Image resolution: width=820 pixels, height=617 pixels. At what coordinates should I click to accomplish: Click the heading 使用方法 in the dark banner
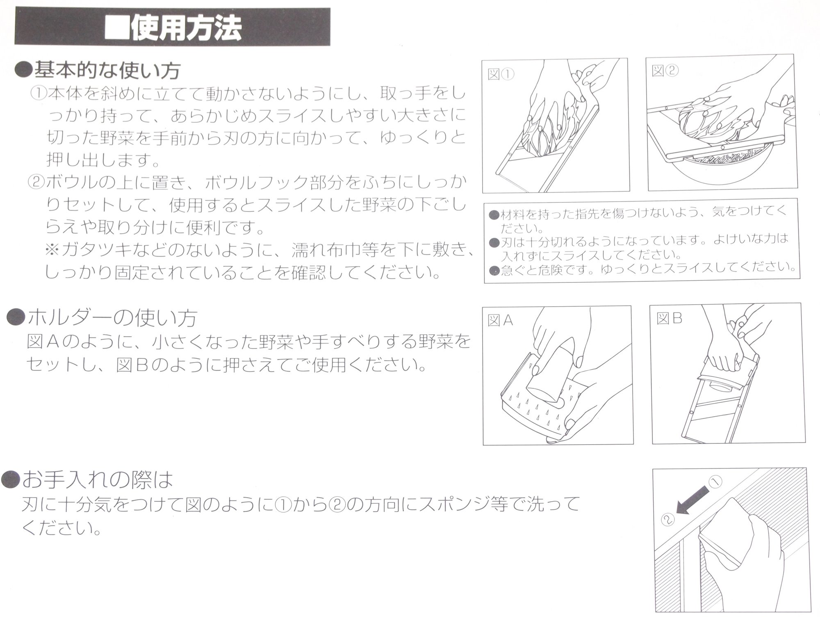point(186,28)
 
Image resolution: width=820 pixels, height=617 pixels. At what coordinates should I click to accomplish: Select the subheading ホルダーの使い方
point(112,318)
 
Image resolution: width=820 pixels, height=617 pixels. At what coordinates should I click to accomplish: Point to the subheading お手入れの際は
point(98,479)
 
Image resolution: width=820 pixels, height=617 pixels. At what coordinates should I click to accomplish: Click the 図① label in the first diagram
point(501,74)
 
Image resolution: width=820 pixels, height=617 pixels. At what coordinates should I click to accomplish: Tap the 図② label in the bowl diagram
point(665,71)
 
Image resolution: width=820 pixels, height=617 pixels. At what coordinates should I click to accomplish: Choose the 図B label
point(670,319)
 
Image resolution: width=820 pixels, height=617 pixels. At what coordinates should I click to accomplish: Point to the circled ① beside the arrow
point(715,482)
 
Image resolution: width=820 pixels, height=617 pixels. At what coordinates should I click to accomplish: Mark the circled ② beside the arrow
point(668,520)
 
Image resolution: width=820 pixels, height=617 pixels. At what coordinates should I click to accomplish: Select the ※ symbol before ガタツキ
point(52,249)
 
